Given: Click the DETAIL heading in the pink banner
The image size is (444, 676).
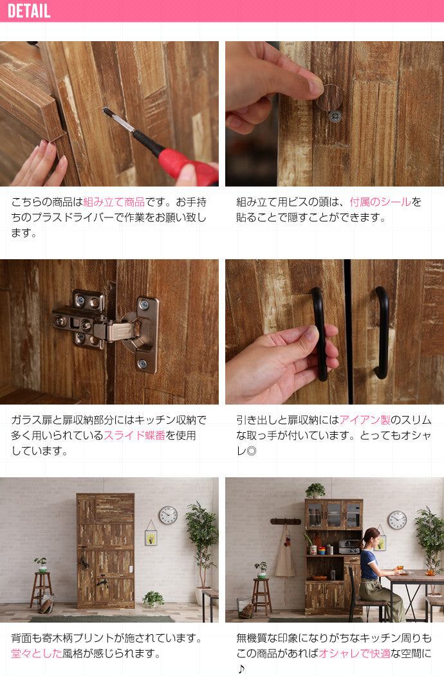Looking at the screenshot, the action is pos(29,11).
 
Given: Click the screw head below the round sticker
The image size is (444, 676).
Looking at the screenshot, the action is pos(335,116).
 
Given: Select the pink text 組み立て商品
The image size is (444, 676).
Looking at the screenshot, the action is pos(114,202).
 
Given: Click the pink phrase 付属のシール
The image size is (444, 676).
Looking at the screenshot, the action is pos(380,202).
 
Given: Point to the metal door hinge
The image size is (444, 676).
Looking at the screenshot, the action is pos(106,327).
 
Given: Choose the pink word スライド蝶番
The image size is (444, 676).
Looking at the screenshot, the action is pos(134,435).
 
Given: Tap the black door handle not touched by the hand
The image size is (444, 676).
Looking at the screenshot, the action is pos(382,333).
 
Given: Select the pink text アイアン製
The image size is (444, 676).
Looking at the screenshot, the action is pos(365,420).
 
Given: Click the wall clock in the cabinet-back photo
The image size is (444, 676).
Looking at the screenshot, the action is pos(168,515).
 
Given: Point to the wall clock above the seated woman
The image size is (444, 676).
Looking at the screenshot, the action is pos(397,520).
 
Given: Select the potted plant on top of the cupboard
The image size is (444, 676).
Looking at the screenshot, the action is pos(315,490).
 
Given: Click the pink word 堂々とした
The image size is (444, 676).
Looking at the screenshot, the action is pos(36,653).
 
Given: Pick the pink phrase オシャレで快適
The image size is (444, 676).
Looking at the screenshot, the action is pos(355,653).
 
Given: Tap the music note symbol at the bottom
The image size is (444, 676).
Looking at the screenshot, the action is pos(241,669).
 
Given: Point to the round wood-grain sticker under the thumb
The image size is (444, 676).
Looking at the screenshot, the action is pos(329,98).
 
